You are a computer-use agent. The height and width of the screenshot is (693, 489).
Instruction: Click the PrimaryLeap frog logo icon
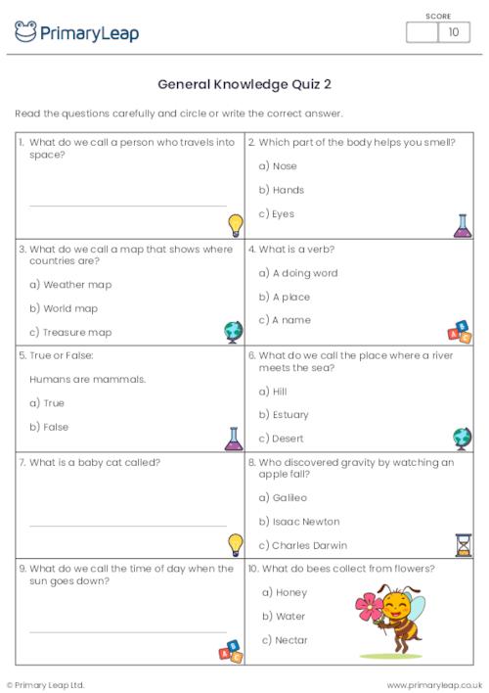pos(25,31)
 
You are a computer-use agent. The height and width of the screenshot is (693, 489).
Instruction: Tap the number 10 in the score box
pos(453,32)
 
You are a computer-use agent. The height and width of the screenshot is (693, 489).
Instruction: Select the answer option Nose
pos(284,166)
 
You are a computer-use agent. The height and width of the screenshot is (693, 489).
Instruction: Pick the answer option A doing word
pos(304,273)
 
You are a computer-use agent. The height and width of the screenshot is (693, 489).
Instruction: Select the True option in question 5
pos(53,403)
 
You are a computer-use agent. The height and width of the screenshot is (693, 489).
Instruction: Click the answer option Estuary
pos(289,415)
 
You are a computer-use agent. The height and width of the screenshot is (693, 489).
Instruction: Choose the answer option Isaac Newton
pos(305,522)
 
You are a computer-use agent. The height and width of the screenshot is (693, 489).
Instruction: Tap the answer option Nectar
pos(290,640)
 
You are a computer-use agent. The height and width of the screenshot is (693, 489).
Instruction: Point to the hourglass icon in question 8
pos(463,544)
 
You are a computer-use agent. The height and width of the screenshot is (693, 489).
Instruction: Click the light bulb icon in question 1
pos(235,225)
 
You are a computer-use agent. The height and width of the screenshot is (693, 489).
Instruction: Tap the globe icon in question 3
pos(233,331)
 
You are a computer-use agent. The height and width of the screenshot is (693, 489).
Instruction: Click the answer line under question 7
pos(127,526)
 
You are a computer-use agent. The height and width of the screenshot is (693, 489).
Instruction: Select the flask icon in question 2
pos(462,226)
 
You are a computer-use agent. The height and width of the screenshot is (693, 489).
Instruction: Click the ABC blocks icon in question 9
pos(231,651)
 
